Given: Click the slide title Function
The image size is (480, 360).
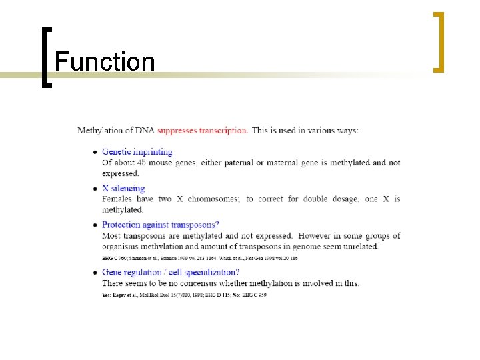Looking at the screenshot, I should [105, 62].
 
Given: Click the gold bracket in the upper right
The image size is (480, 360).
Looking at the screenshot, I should [439, 41].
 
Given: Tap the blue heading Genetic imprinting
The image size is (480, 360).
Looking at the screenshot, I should [137, 152].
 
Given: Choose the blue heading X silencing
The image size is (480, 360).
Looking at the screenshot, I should [123, 189].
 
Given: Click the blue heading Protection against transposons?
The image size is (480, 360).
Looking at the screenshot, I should [160, 225].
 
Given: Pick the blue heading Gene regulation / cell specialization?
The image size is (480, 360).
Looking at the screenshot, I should [170, 272].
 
